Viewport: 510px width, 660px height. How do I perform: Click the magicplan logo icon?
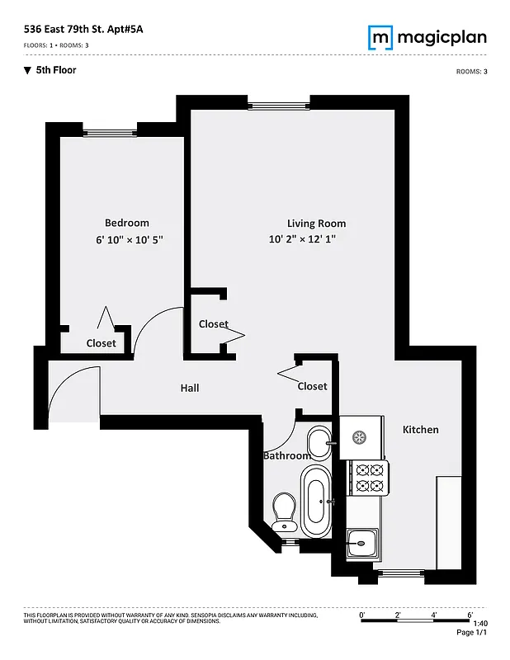pyautogui.click(x=380, y=37)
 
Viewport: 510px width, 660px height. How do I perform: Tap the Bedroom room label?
pyautogui.click(x=127, y=223)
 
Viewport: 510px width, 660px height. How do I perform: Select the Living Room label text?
pyautogui.click(x=316, y=224)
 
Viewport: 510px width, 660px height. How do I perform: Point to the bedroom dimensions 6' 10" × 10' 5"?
pyautogui.click(x=129, y=240)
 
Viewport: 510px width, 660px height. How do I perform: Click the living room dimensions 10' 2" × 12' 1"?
pyautogui.click(x=303, y=240)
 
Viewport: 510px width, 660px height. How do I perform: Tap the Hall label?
pyautogui.click(x=190, y=388)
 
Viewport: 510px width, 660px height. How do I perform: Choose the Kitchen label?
pyautogui.click(x=420, y=430)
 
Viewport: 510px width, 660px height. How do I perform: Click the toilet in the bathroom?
pyautogui.click(x=285, y=511)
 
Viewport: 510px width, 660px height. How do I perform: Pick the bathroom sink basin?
pyautogui.click(x=319, y=442)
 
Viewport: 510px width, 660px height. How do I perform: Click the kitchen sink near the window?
pyautogui.click(x=361, y=543)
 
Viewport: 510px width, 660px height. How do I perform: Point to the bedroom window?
pyautogui.click(x=110, y=130)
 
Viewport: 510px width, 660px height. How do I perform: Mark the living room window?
pyautogui.click(x=278, y=104)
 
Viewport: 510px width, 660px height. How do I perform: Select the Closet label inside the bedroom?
pyautogui.click(x=102, y=343)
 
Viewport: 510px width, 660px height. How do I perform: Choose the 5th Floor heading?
pyautogui.click(x=55, y=71)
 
